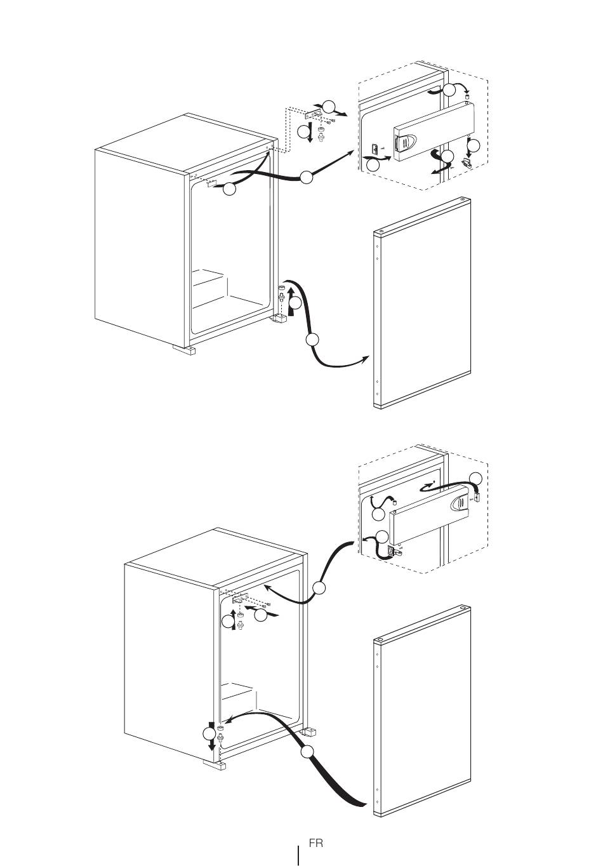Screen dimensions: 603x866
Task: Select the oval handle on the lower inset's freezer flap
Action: coord(459,503)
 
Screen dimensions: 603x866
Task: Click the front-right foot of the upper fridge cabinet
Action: coord(279,319)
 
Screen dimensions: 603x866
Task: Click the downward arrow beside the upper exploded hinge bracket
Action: coord(310,133)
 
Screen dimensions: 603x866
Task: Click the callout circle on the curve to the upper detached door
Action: coord(312,340)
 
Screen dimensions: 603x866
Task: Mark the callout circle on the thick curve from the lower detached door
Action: coord(307,752)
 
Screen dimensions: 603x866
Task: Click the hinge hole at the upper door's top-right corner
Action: coord(462,199)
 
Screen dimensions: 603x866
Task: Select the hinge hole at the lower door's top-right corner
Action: coord(462,608)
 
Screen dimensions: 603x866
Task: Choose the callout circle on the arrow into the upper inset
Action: coord(306,177)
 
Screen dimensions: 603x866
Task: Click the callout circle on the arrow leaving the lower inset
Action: coord(319,588)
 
